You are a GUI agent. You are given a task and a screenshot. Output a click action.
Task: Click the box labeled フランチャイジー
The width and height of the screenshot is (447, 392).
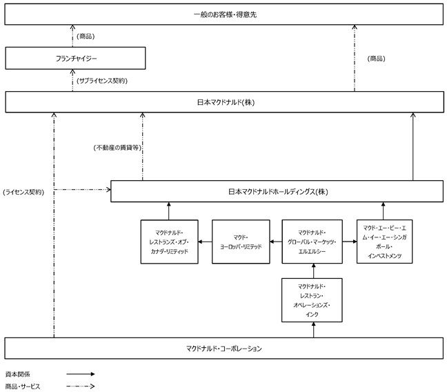pos(75,58)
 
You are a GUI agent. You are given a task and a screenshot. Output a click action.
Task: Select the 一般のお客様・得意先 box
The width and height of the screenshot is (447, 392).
pos(223,14)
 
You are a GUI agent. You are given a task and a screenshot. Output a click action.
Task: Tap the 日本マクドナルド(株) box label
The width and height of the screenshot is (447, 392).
pos(226,102)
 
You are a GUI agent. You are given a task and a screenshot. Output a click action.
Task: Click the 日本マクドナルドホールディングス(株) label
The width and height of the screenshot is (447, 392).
pos(278,191)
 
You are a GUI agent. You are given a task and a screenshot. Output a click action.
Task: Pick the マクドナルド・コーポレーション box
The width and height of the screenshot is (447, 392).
pos(223,348)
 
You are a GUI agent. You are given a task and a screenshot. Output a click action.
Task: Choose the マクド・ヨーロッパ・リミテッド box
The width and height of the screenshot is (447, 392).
pos(241,242)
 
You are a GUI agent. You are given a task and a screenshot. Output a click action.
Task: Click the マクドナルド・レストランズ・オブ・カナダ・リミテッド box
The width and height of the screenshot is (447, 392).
pos(169,242)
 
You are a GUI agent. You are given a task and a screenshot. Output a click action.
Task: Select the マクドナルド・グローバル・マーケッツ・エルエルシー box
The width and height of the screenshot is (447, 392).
pos(312,242)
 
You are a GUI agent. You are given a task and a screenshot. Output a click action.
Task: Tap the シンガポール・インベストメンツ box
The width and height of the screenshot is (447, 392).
pos(384,242)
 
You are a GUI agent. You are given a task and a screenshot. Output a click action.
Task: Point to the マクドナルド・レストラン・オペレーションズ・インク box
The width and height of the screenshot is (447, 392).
pos(312,300)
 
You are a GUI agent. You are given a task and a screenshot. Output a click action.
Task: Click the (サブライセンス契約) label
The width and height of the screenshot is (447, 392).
pos(102,81)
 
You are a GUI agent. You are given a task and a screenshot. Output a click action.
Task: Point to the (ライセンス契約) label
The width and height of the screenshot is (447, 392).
pos(23,192)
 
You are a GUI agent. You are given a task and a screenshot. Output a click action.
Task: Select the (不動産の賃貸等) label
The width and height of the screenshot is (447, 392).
pos(117,148)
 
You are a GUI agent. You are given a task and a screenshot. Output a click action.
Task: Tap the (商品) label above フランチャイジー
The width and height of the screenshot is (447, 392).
pos(86,37)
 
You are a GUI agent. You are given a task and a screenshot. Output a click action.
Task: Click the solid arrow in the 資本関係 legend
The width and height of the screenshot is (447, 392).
pos(81,374)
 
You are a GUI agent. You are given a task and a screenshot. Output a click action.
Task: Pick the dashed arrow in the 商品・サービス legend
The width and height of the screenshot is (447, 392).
pos(81,386)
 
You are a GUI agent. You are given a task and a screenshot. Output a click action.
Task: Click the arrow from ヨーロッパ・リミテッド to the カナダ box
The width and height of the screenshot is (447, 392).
pos(205,242)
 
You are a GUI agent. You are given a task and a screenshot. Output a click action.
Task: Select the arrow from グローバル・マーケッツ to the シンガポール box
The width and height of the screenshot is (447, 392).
pos(350,242)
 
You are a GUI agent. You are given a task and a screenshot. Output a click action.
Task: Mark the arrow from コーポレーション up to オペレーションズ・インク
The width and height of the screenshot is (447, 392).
pos(314,330)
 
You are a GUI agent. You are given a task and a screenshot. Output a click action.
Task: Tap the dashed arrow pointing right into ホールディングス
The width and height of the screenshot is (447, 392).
pos(82,189)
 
